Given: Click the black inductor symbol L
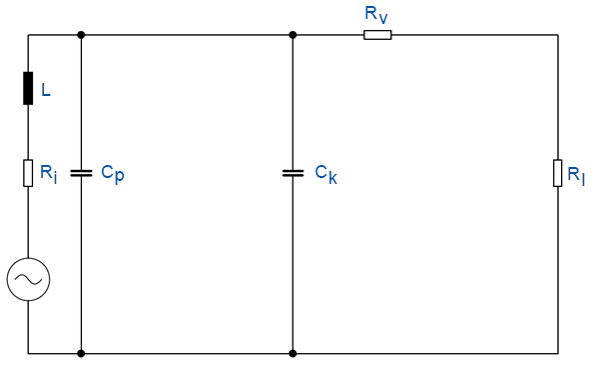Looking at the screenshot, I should (x=28, y=89).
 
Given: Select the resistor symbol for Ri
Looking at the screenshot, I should (x=28, y=173).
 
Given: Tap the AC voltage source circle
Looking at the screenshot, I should (x=28, y=280).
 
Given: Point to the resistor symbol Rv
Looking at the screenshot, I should (x=377, y=35).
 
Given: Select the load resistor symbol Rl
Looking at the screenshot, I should (x=558, y=172).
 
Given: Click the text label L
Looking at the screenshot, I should (x=45, y=91).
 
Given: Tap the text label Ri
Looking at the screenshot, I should (x=48, y=173).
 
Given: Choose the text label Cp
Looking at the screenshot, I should (x=112, y=173).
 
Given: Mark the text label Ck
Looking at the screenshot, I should (x=326, y=173).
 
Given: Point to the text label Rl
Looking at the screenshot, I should (x=576, y=175).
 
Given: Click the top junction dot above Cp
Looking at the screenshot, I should (x=81, y=35).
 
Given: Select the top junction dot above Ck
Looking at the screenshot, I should (x=293, y=35).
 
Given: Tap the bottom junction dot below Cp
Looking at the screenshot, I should (x=81, y=353).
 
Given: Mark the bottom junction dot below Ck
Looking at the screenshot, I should (x=293, y=353).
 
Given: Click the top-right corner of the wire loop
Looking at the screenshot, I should (x=558, y=35).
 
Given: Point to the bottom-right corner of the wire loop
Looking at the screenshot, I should (x=558, y=353).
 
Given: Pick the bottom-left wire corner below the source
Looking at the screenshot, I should (x=28, y=353).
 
